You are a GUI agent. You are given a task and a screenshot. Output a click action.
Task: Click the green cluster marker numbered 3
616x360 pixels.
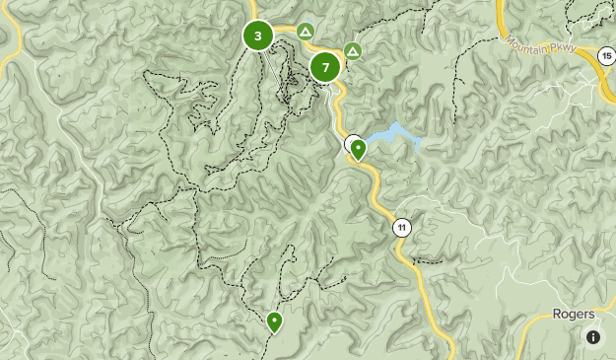258,36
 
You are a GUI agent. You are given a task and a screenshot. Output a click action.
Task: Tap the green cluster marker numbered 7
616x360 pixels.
325,67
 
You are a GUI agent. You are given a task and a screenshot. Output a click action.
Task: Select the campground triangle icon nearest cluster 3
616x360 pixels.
306,32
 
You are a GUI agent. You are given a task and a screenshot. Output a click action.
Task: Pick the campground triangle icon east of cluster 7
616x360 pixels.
352,50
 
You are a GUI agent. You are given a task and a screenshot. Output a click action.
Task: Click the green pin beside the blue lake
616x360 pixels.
359,150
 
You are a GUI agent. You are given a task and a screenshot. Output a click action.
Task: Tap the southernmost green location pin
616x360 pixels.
274,321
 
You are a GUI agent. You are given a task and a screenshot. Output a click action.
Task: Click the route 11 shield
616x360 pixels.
401,228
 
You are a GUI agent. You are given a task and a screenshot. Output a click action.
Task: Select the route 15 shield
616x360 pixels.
604,55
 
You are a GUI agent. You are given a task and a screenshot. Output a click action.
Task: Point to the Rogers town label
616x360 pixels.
573,314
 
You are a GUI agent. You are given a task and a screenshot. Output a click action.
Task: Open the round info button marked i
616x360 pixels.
593,337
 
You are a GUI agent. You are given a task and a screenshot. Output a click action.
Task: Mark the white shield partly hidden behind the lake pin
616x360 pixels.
350,143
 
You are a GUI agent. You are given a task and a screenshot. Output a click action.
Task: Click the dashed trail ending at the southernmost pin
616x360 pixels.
282,286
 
